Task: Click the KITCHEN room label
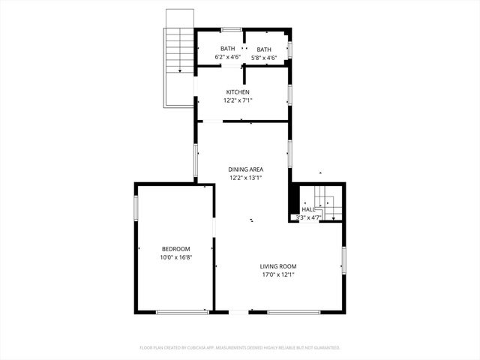point(238,92)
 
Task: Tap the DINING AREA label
point(245,169)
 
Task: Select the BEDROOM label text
point(175,249)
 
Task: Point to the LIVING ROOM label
point(278,266)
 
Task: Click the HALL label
point(307,210)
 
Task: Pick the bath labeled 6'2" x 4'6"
point(227,49)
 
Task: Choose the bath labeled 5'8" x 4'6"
point(264,49)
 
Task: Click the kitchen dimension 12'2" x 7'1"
point(238,100)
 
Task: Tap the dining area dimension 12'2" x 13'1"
point(245,178)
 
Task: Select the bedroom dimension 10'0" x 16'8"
point(175,257)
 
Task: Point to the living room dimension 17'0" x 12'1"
point(278,274)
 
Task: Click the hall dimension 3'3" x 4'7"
point(308,218)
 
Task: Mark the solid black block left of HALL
point(293,202)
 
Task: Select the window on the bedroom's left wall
point(136,208)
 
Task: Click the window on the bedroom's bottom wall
point(182,311)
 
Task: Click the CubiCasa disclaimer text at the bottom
point(240,348)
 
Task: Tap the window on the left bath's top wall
point(230,30)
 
